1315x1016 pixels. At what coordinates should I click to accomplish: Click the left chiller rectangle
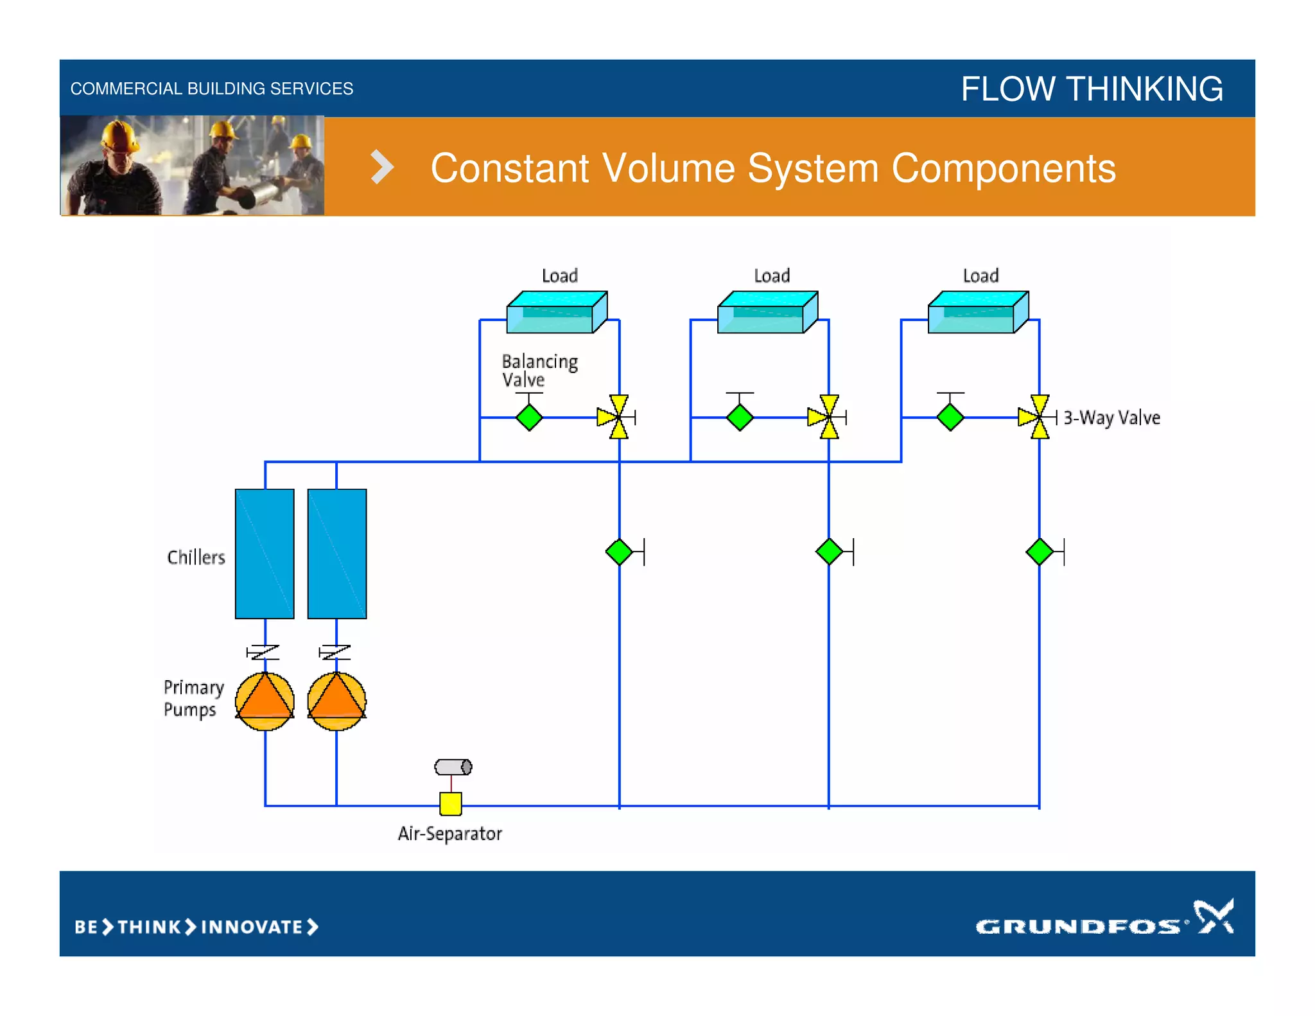click(x=265, y=554)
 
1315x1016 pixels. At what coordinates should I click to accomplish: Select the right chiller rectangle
click(x=337, y=554)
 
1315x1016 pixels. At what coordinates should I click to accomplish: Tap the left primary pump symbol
click(x=265, y=701)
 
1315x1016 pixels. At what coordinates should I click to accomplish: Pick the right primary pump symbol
click(x=337, y=701)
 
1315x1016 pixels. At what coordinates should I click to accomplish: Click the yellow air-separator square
click(x=451, y=803)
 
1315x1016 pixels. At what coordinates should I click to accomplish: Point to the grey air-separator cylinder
click(x=453, y=767)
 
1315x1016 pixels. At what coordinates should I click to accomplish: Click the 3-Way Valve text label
click(x=1111, y=418)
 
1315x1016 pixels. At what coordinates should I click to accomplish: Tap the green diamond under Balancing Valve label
click(x=529, y=417)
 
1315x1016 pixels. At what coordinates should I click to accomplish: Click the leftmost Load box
click(x=556, y=312)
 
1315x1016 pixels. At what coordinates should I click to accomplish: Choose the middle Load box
click(x=767, y=312)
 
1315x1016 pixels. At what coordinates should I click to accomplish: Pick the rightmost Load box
click(x=977, y=312)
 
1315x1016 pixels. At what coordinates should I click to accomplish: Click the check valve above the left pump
click(x=263, y=653)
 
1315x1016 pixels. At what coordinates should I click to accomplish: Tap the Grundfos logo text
click(x=1078, y=926)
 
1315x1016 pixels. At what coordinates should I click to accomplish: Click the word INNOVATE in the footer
click(x=252, y=927)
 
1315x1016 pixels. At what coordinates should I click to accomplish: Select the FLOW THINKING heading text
click(x=1092, y=89)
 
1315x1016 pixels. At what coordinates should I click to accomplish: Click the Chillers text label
click(x=196, y=557)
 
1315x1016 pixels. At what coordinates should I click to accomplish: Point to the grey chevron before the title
click(x=381, y=168)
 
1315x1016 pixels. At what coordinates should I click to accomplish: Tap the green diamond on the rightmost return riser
click(x=1040, y=552)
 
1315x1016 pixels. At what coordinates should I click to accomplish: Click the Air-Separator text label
click(x=449, y=834)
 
